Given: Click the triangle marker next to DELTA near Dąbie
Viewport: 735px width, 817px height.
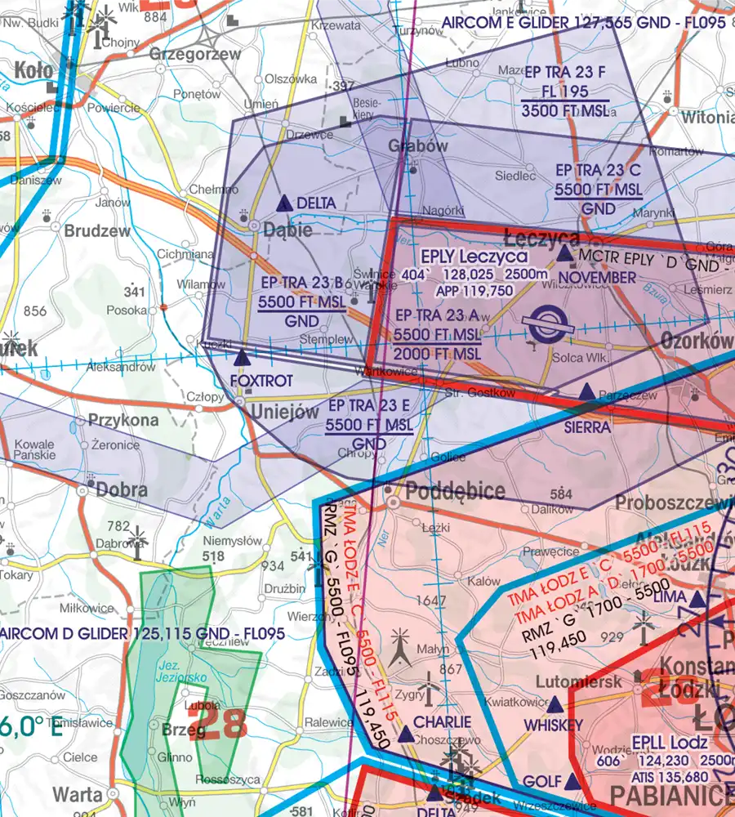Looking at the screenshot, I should [283, 203].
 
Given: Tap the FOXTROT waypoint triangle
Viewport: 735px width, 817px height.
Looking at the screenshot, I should [242, 358].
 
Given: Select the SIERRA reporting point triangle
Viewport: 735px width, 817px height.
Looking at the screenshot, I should [587, 394].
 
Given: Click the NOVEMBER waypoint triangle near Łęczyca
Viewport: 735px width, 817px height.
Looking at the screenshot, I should [565, 255].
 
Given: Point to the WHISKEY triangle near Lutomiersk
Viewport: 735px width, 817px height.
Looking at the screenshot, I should [555, 704].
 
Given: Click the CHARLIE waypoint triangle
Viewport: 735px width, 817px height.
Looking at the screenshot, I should [407, 735].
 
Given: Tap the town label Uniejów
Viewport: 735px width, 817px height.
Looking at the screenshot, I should [283, 413].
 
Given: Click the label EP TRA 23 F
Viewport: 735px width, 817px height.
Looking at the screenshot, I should [567, 72].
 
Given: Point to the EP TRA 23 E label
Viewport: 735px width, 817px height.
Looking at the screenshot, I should [369, 406].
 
